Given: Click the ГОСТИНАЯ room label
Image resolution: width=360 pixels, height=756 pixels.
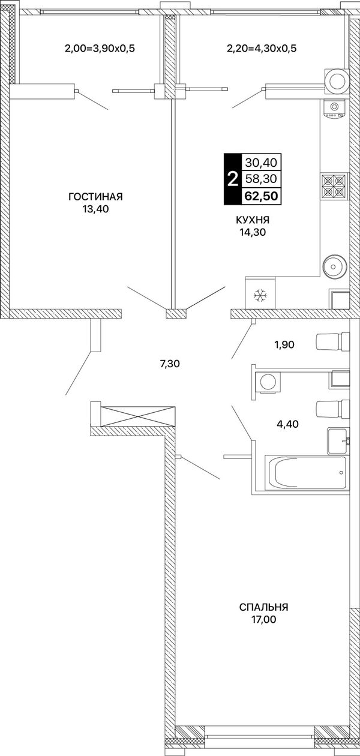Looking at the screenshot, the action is click(x=95, y=196).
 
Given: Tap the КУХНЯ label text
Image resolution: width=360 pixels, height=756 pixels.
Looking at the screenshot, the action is click(x=253, y=220).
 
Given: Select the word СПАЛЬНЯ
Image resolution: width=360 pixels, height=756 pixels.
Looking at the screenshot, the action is click(x=263, y=607).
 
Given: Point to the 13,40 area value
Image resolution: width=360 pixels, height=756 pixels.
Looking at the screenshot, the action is click(x=95, y=209).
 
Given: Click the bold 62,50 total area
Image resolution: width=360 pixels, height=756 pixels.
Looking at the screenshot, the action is click(x=261, y=196).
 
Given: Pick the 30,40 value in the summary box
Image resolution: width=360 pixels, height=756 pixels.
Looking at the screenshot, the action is click(x=261, y=163).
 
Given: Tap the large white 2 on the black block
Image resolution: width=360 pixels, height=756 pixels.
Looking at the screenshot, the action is click(x=233, y=179).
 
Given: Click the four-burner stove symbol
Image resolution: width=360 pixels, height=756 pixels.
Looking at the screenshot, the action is click(x=334, y=186).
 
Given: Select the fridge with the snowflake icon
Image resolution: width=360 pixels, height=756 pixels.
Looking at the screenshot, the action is click(x=260, y=293).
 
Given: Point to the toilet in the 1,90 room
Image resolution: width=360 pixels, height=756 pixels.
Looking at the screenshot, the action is click(x=332, y=341).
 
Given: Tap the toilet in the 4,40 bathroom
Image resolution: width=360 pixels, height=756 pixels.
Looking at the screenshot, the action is click(x=332, y=409).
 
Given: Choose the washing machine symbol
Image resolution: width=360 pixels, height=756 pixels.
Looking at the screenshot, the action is click(x=268, y=382).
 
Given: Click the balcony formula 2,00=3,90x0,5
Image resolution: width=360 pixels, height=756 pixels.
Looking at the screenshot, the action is click(x=100, y=48).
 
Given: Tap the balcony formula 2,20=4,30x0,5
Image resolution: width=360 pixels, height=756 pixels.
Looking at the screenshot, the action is click(x=262, y=48).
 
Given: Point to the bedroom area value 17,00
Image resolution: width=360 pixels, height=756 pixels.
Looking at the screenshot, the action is click(x=263, y=620).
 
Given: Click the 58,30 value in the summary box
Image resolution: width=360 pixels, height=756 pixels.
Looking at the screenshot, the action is click(x=261, y=179).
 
